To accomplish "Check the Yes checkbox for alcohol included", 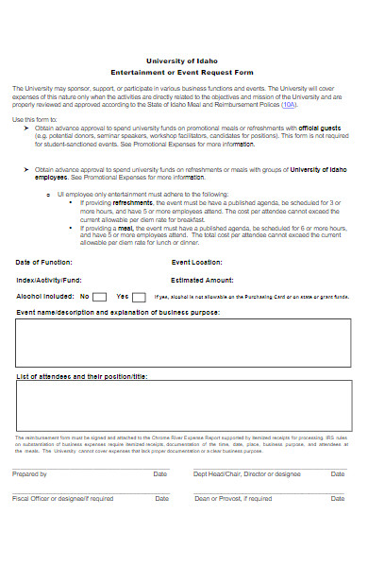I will (x=140, y=297).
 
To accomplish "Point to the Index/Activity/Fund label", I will (x=49, y=280).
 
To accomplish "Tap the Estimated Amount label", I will (x=202, y=280).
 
